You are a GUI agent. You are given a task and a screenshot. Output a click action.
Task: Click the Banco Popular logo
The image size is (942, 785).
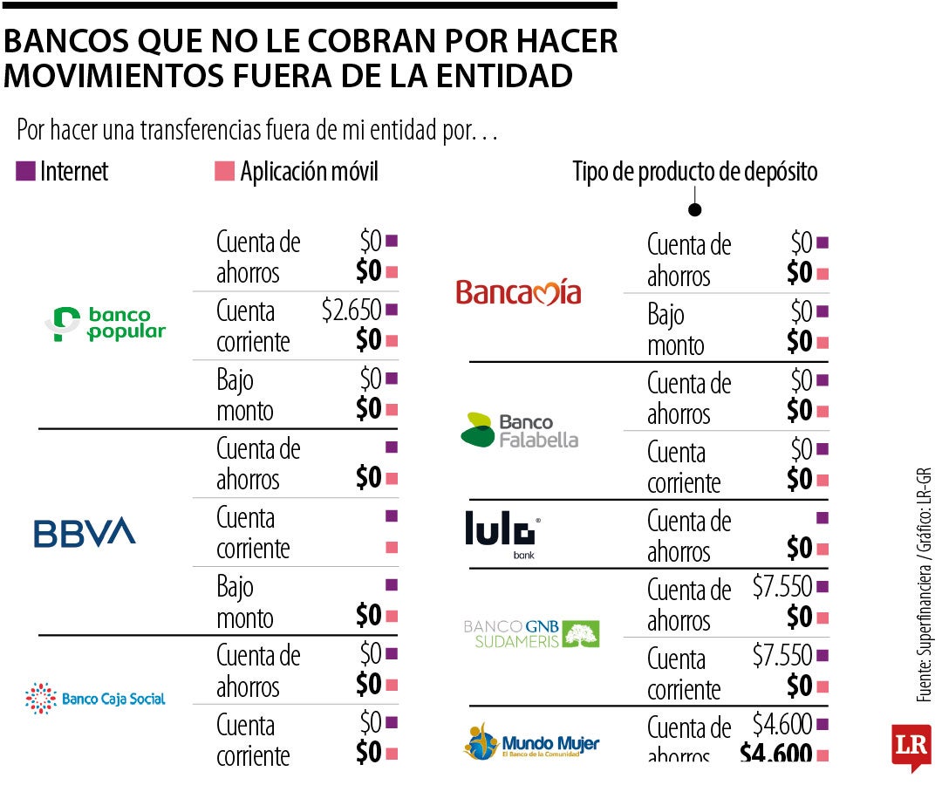pyautogui.click(x=106, y=324)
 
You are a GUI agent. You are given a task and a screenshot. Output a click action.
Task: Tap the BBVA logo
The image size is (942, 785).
pyautogui.click(x=85, y=532)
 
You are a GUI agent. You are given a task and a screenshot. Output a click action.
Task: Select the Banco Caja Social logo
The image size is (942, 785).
pyautogui.click(x=95, y=698)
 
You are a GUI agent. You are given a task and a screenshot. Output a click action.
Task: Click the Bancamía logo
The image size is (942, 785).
pyautogui.click(x=518, y=291)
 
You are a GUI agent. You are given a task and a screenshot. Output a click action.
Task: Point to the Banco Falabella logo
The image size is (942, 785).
pyautogui.click(x=519, y=430)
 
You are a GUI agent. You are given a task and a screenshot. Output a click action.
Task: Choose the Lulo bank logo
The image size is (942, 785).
pyautogui.click(x=504, y=534)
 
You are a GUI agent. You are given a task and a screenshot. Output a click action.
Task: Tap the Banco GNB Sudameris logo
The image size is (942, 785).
pyautogui.click(x=531, y=634)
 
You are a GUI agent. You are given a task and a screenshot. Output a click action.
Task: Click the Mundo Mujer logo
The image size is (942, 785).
pyautogui.click(x=531, y=742)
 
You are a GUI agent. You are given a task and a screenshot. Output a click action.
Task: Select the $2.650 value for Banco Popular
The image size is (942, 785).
pyautogui.click(x=352, y=310)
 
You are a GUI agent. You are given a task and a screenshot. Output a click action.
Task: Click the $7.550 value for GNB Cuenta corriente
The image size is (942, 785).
pyautogui.click(x=782, y=655)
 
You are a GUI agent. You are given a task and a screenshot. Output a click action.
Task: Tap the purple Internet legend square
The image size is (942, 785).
pyautogui.click(x=25, y=172)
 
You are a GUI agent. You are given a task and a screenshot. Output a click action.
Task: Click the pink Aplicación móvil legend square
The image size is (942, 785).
pyautogui.click(x=224, y=172)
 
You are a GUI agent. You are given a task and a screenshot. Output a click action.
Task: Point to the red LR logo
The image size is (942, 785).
pyautogui.click(x=911, y=747)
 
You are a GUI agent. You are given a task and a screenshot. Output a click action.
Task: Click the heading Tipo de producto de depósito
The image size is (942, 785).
pyautogui.click(x=694, y=172)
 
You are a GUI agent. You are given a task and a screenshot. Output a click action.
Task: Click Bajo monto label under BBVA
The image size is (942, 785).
pyautogui.click(x=245, y=602)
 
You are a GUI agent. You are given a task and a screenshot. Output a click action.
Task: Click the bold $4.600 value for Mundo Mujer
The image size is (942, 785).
pyautogui.click(x=776, y=753)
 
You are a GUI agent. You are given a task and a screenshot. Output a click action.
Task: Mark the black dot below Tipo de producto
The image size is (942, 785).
pyautogui.click(x=695, y=209)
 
